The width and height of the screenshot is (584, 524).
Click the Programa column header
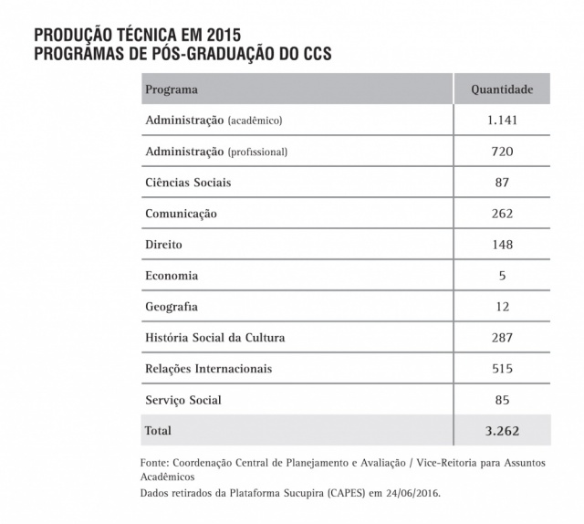pos(172,90)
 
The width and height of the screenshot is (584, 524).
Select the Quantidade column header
pos(502,90)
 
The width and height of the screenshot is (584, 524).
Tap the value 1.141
pos(502,121)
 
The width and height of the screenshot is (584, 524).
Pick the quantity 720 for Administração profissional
pos(502,152)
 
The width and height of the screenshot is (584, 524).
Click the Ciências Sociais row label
pos(188,183)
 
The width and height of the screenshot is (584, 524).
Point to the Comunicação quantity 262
pos(502,214)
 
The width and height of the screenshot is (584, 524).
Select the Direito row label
pos(163,245)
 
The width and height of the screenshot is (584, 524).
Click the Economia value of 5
pos(502,276)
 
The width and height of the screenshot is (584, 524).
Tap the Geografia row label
pos(172,307)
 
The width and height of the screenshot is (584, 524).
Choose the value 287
pos(502,338)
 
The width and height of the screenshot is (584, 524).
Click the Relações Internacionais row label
pos(208,369)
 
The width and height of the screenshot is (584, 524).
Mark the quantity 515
pos(502,369)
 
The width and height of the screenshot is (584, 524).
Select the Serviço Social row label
pos(183,400)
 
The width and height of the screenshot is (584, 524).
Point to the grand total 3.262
pos(502,430)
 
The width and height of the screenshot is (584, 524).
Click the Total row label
pos(159,430)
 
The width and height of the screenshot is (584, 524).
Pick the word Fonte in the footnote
pos(156,463)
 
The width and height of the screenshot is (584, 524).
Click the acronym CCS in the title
pos(311,53)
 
